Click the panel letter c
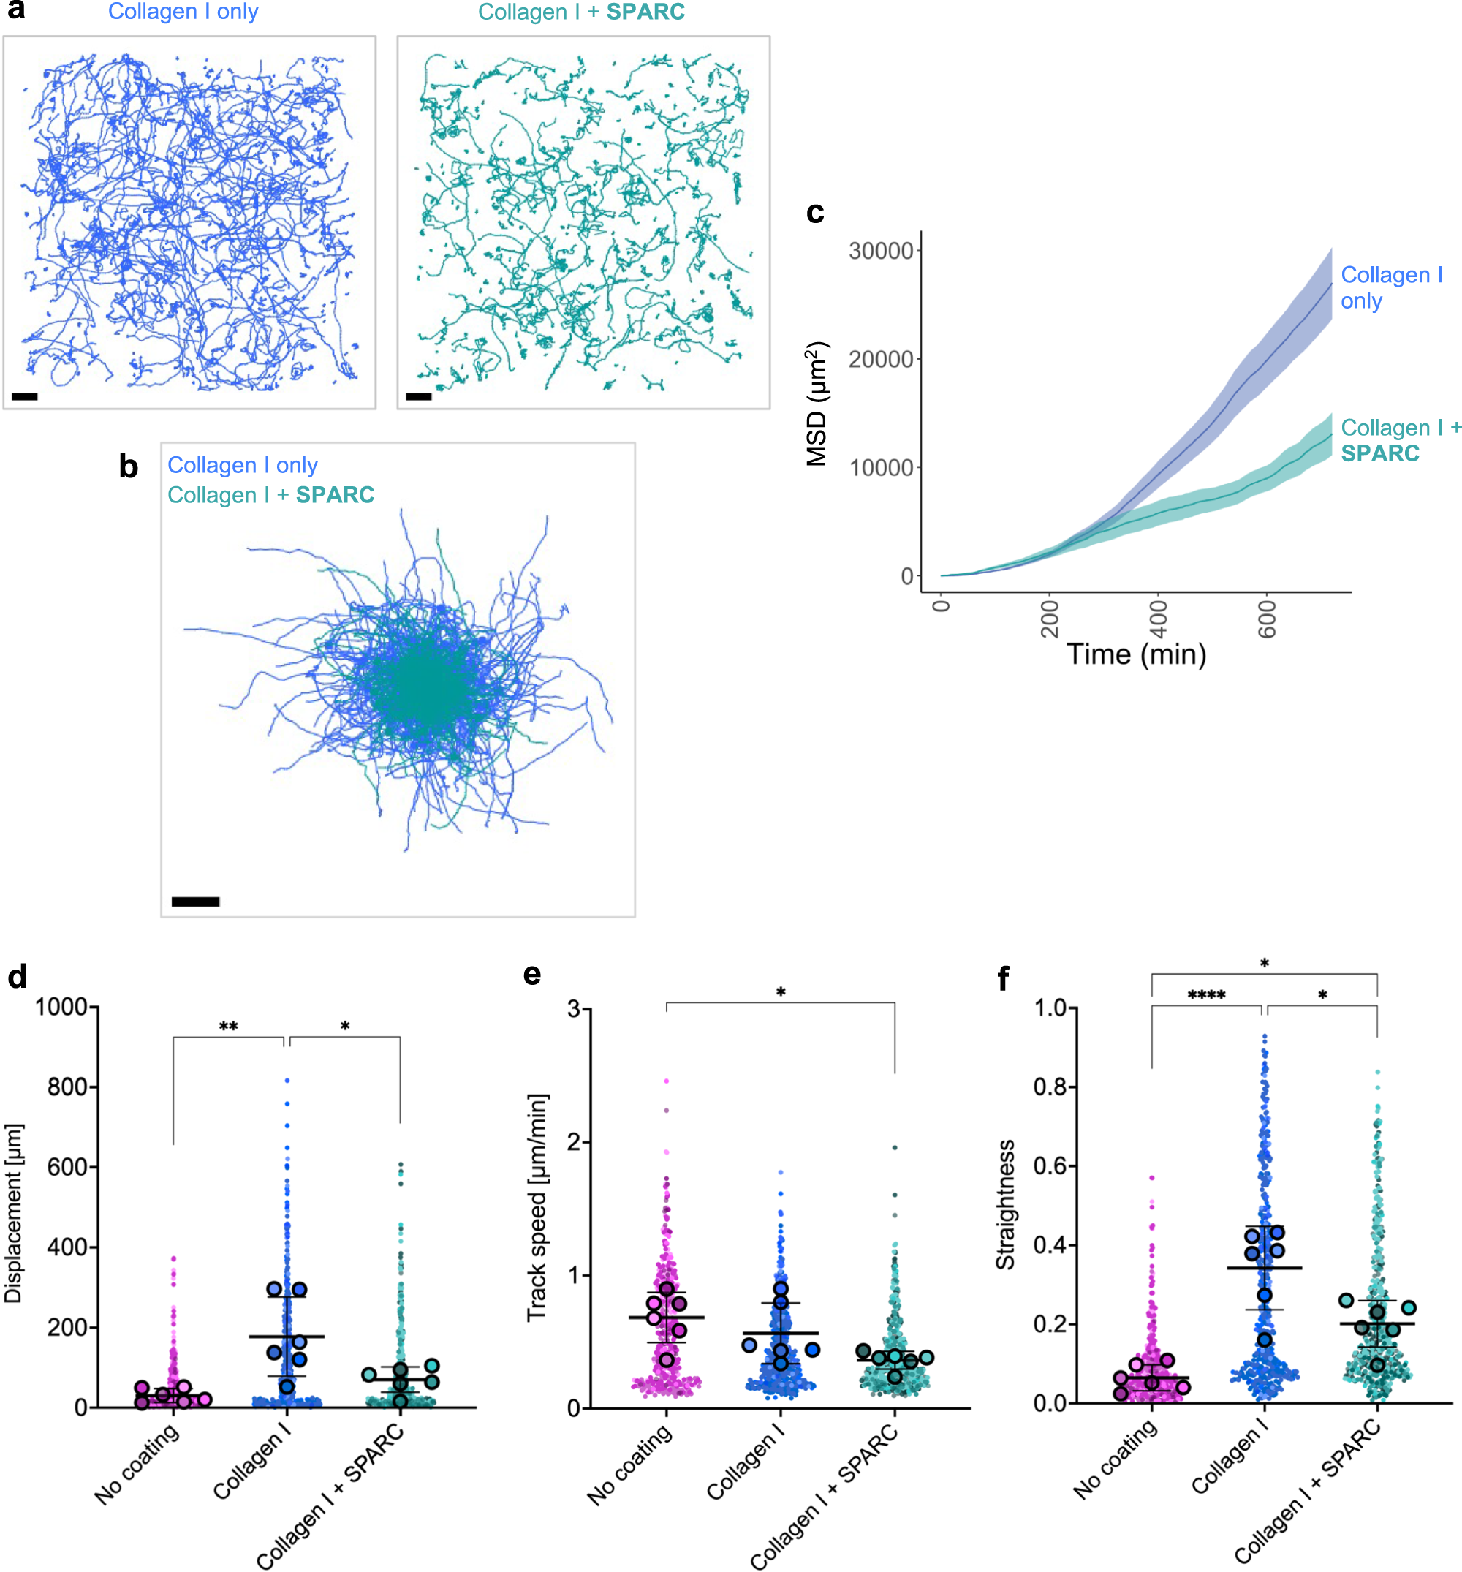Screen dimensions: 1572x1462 click(x=815, y=213)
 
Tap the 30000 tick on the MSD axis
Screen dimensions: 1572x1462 click(x=880, y=252)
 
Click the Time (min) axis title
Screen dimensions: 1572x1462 click(x=1136, y=654)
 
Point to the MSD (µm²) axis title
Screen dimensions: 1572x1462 click(x=817, y=404)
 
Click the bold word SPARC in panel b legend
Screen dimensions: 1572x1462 click(x=335, y=495)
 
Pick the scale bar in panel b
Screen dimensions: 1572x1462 click(x=195, y=902)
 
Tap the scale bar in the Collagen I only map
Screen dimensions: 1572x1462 click(x=25, y=396)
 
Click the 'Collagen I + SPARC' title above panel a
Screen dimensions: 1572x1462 click(x=581, y=12)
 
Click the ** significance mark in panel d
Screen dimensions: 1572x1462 click(x=229, y=1027)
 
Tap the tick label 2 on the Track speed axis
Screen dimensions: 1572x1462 click(x=574, y=1142)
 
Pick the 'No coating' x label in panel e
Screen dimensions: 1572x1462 click(x=629, y=1464)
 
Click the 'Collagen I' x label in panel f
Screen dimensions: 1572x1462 click(x=1230, y=1456)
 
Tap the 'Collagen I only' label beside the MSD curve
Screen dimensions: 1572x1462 click(x=1390, y=288)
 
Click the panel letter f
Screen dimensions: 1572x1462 click(x=1004, y=978)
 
